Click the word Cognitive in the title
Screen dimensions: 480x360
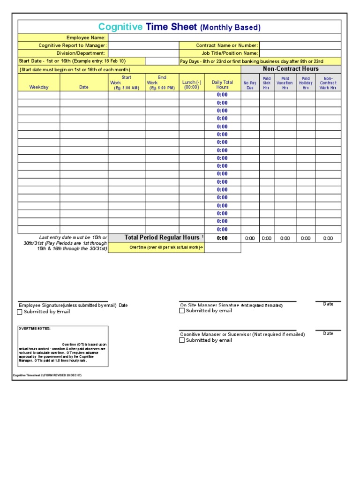tap(120, 27)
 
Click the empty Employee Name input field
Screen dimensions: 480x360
tap(224, 37)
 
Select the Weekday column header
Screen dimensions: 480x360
tap(39, 87)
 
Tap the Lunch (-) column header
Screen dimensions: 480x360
tap(192, 84)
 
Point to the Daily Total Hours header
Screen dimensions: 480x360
tap(222, 84)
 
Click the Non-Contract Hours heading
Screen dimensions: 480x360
tap(291, 69)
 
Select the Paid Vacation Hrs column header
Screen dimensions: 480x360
tap(285, 83)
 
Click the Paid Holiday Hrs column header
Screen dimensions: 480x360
tap(306, 83)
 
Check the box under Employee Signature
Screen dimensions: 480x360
tap(20, 312)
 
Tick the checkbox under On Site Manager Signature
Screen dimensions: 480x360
tap(182, 311)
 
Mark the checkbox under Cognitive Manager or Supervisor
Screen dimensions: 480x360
tap(182, 340)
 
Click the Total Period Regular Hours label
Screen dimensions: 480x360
tap(162, 238)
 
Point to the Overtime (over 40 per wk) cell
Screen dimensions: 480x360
tap(166, 247)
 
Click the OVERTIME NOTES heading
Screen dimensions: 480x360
tap(35, 329)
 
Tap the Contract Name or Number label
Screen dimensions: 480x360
tap(227, 45)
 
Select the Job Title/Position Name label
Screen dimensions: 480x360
tap(230, 53)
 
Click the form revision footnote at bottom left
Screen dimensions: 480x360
tap(47, 375)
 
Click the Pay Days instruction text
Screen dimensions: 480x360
tap(252, 61)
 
